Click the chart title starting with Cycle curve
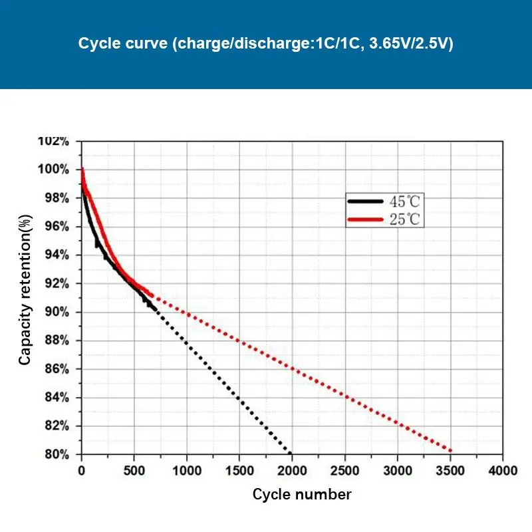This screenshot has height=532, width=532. [266, 45]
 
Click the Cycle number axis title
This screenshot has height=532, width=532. [302, 495]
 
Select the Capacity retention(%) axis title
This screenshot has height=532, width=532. [25, 289]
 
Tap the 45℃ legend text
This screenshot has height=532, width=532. [405, 201]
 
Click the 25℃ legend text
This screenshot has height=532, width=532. [405, 219]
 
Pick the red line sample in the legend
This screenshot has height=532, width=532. [365, 219]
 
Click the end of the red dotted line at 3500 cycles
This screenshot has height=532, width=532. [450, 451]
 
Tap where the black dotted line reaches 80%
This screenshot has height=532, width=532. [291, 454]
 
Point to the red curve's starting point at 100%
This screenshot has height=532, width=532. [82, 169]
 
